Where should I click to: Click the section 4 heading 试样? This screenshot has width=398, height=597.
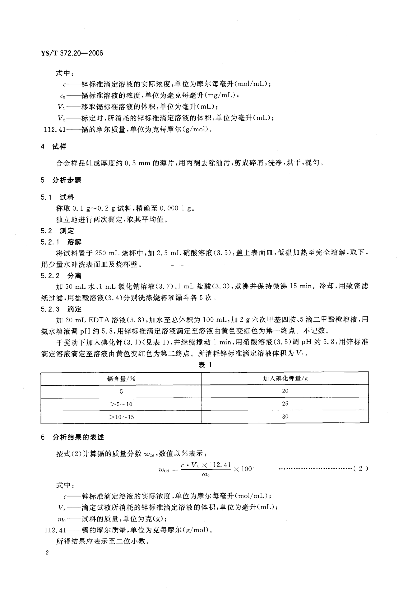point(59,146)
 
